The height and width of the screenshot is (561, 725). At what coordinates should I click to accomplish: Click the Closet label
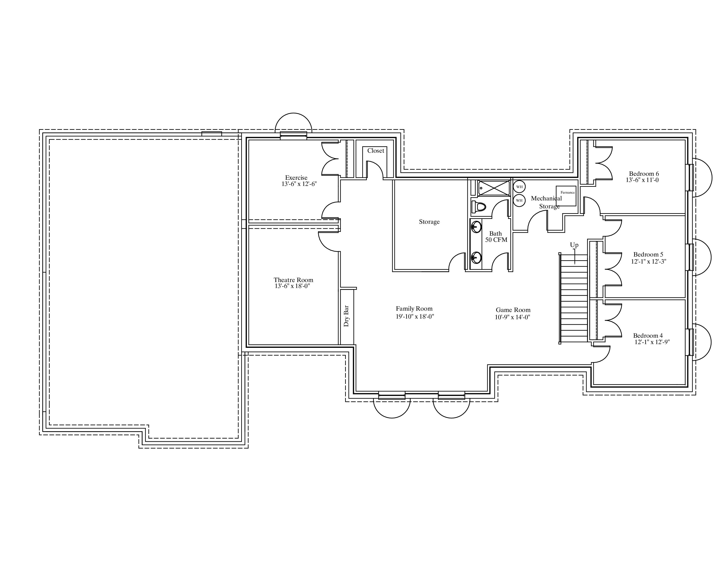(x=375, y=150)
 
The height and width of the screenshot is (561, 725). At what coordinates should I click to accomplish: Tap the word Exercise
(x=296, y=178)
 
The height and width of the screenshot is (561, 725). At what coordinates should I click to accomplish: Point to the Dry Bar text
(x=346, y=316)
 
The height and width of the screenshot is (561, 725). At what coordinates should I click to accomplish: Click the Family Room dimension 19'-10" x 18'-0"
(x=415, y=316)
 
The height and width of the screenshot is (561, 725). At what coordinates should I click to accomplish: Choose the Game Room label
(x=513, y=310)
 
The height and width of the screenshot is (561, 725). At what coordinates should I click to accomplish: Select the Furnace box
(x=566, y=196)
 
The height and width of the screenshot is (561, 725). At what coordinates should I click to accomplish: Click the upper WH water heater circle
(x=519, y=187)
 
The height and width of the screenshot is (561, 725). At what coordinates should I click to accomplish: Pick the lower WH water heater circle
(x=519, y=200)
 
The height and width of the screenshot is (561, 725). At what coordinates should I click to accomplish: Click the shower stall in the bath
(x=494, y=188)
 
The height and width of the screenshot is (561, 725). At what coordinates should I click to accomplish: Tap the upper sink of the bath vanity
(x=476, y=227)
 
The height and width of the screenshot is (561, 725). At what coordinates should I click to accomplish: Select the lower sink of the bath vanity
(x=476, y=257)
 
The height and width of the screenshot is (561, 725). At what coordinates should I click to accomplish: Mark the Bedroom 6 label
(x=644, y=174)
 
